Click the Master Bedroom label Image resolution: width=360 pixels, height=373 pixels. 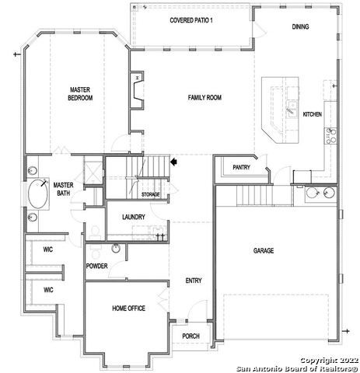(x=80, y=94)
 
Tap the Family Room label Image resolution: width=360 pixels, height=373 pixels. (x=205, y=97)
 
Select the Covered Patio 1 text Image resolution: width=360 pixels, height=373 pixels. (x=191, y=19)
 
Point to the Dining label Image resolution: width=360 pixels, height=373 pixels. (x=300, y=26)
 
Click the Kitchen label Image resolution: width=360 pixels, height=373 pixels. (x=312, y=114)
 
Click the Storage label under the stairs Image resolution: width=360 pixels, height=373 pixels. (x=150, y=194)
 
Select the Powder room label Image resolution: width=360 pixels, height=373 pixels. (x=96, y=267)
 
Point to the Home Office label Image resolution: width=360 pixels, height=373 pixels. (x=128, y=309)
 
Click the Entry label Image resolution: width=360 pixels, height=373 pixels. (x=194, y=281)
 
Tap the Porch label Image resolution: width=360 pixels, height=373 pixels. (x=190, y=336)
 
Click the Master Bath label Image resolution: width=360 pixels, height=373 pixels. (x=63, y=190)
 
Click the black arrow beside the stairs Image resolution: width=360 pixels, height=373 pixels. (x=174, y=162)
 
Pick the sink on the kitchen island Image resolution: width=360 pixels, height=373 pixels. (x=292, y=103)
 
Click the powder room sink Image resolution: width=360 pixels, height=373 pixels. (x=116, y=249)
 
